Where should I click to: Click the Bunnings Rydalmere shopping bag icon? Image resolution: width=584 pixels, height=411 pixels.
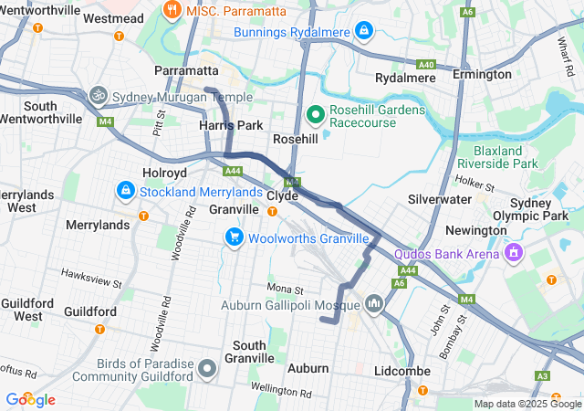click(x=365, y=32)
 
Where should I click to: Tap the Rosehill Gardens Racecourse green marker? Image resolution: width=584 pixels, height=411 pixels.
click(x=316, y=115)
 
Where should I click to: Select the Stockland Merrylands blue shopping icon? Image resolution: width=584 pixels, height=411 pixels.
click(x=125, y=192)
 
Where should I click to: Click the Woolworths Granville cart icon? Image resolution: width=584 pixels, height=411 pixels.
click(x=235, y=237)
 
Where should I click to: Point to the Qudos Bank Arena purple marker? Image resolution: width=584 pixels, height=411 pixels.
click(x=515, y=250)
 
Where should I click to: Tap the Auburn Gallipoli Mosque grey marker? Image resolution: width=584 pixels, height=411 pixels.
click(x=374, y=302)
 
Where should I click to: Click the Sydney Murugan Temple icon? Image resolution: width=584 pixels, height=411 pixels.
click(x=98, y=94)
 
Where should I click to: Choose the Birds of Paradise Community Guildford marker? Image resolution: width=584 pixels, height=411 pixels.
click(x=207, y=369)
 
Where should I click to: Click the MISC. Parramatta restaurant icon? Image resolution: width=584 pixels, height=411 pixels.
click(x=171, y=9)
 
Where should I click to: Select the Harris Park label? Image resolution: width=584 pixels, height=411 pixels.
click(x=231, y=124)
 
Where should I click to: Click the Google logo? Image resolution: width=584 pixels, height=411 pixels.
click(x=30, y=400)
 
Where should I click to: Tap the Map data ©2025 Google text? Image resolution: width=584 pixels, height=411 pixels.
click(x=527, y=404)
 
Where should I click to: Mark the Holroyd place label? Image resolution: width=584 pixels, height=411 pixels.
click(x=164, y=172)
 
